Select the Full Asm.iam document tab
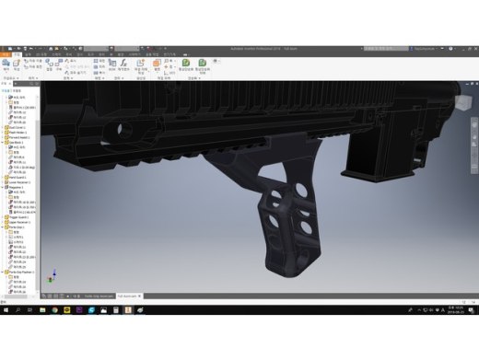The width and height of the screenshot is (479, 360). coord(130,296)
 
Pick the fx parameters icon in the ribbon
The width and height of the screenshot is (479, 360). coord(157,65)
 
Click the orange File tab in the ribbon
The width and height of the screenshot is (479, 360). coord(6,53)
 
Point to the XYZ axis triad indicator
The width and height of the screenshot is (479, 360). coord(53,274)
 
